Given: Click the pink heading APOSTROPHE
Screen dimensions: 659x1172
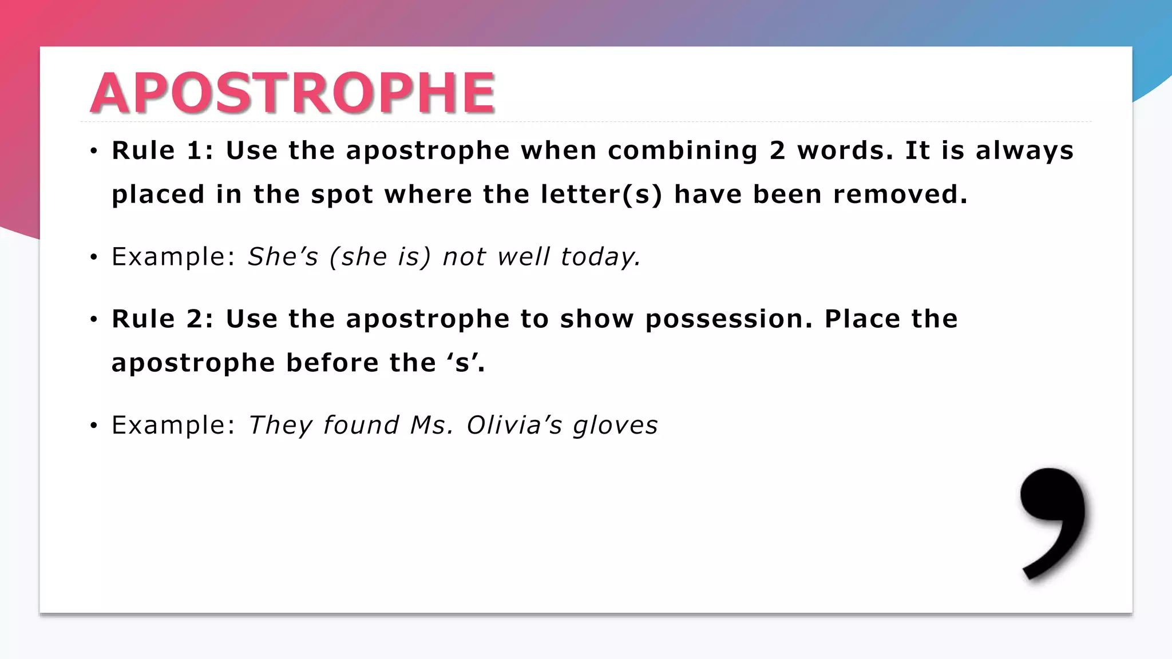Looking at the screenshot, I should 292,93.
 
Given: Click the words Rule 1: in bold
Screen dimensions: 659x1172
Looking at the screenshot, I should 162,150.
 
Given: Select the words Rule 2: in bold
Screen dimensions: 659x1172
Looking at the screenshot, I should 162,319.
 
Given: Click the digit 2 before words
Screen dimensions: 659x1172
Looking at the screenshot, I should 777,150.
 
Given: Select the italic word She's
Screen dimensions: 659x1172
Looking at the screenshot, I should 283,257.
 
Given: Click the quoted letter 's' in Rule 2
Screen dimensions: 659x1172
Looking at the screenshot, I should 462,363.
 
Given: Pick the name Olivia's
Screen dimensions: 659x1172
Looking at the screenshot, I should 514,425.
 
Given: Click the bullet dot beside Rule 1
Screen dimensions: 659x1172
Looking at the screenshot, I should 94,152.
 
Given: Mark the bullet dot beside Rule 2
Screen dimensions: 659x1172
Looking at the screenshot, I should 94,320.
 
